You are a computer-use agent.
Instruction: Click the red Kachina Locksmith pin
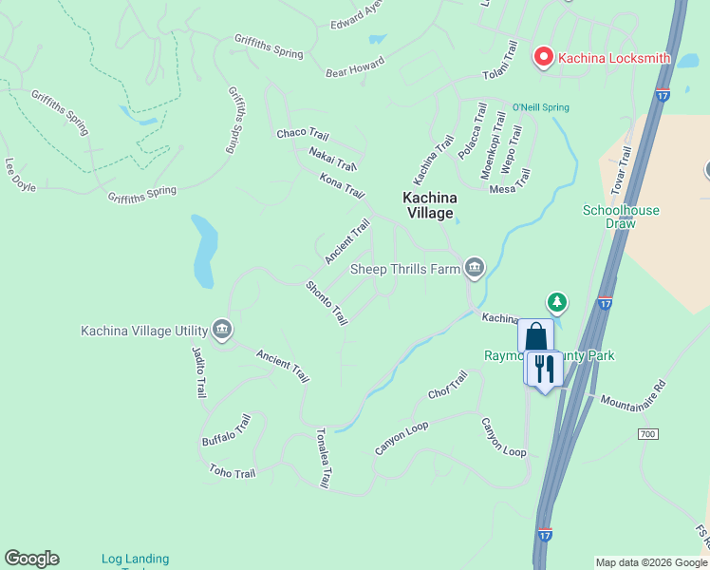544,57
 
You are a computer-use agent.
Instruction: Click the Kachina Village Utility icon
221,330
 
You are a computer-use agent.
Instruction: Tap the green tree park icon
558,303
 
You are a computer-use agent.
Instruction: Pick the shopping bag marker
535,336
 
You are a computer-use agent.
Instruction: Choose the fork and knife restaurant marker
544,369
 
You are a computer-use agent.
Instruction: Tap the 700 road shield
647,433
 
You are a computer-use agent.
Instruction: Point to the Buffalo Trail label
226,430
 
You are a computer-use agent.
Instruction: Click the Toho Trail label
233,471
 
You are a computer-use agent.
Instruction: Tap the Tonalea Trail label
323,458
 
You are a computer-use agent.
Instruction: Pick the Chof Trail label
448,385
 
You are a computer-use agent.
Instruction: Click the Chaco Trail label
302,135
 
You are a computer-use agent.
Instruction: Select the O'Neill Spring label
541,107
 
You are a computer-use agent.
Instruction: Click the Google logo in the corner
31,559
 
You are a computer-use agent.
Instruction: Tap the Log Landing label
135,559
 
